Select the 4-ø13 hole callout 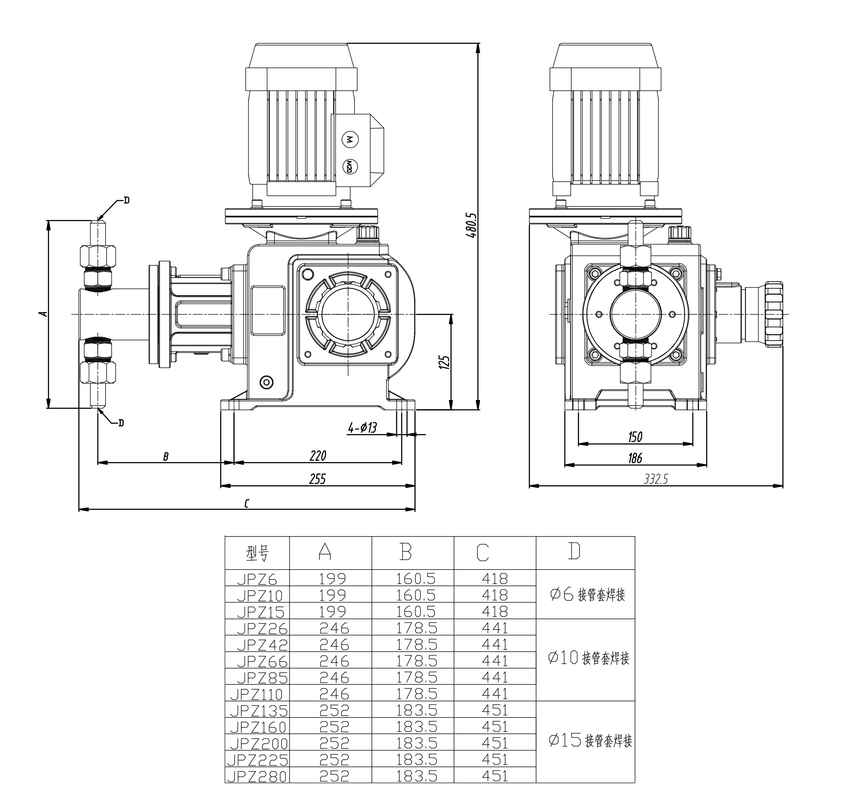point(363,428)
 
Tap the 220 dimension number point(317,456)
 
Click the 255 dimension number point(317,479)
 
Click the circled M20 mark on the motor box point(349,166)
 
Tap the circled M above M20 point(350,139)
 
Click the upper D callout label point(126,200)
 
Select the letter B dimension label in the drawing point(166,457)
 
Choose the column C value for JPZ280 point(495,776)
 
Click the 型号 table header point(257,554)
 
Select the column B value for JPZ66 point(416,661)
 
